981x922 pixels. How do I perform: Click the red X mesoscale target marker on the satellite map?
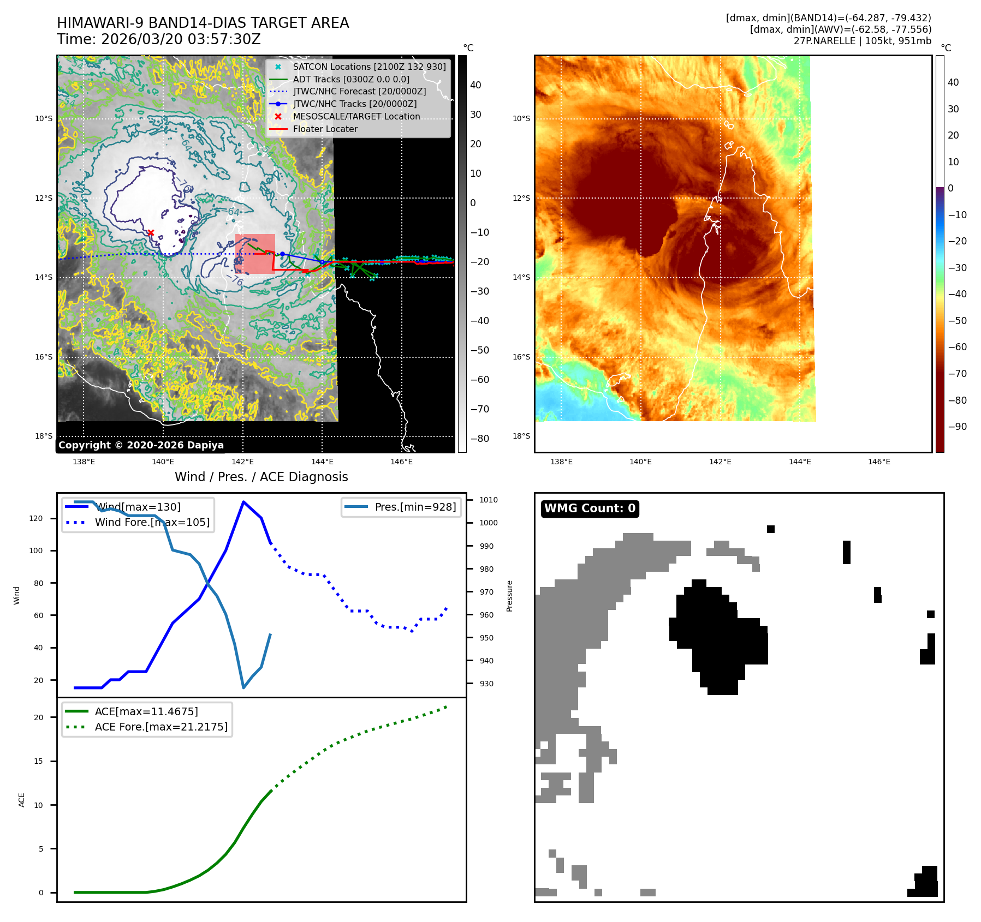tap(151, 233)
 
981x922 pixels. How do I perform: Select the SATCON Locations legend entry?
tap(369, 67)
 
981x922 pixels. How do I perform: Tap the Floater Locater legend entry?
tap(325, 129)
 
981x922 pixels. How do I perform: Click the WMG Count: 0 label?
tap(590, 508)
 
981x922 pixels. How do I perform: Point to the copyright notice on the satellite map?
tap(141, 445)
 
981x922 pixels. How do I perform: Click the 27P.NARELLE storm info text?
tap(862, 41)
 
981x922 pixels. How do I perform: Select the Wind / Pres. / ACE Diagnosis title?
tap(261, 477)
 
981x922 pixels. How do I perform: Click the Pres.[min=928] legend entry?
tap(415, 507)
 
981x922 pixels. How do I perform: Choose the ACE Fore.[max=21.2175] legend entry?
tap(161, 727)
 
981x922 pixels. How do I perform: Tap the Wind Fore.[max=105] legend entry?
tap(152, 522)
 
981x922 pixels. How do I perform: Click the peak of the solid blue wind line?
tap(243, 502)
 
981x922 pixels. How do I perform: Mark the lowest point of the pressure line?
tap(243, 687)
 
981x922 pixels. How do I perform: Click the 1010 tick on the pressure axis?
tap(488, 500)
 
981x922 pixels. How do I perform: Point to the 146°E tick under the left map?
tap(401, 462)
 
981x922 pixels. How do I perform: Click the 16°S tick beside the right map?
tap(521, 357)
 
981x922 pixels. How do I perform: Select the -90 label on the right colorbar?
tap(957, 427)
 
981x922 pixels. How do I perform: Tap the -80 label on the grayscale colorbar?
tap(479, 439)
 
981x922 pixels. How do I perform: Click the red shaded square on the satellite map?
tap(255, 254)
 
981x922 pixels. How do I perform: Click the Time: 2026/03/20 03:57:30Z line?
tap(159, 40)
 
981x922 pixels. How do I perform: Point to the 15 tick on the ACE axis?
tap(38, 761)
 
